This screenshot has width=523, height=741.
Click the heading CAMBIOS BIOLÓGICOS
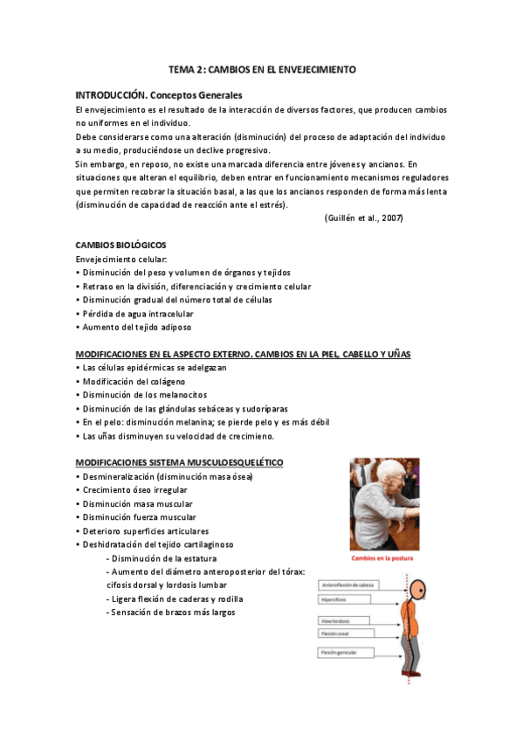[x=120, y=246]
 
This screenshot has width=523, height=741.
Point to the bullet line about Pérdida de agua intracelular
[x=135, y=313]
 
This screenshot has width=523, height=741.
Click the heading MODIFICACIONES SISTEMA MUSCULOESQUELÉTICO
[x=179, y=461]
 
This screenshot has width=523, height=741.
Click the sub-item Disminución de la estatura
[x=163, y=557]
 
